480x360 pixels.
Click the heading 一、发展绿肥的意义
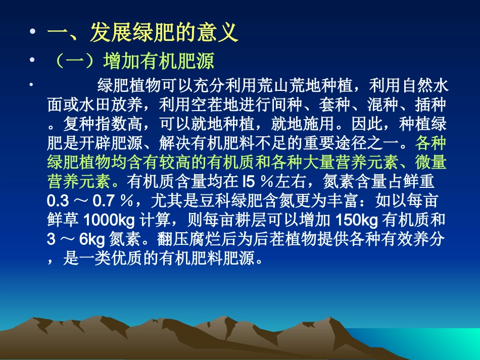pos(142,34)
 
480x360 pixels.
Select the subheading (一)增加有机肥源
pos(132,62)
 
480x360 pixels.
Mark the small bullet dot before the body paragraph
pos(31,82)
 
